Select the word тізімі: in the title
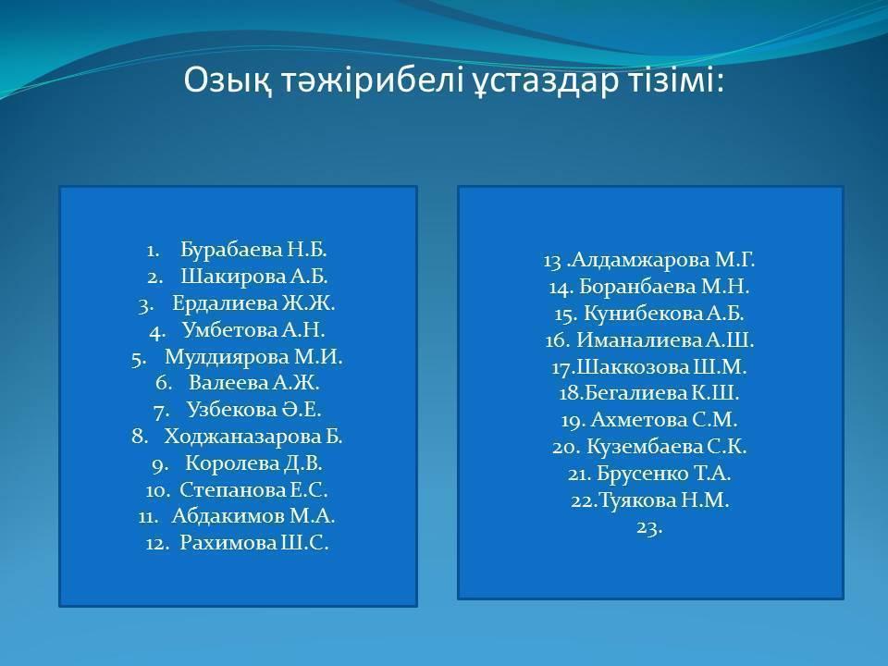coord(675,80)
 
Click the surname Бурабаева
coord(231,249)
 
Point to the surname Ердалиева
coord(225,303)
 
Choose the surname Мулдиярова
coord(227,357)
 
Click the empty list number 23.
coord(649,527)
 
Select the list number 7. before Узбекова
coord(161,411)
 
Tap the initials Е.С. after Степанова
coord(309,490)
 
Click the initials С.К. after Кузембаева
coord(727,447)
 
